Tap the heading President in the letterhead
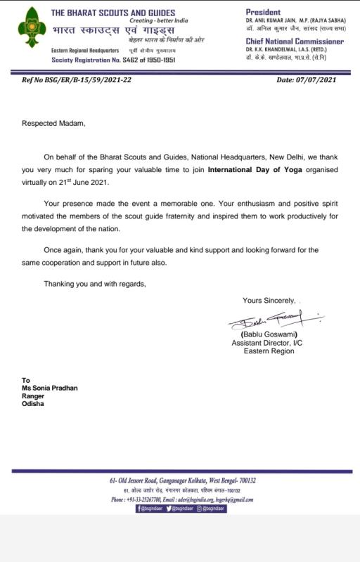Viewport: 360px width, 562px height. [264, 12]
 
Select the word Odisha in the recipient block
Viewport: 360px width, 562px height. [32, 404]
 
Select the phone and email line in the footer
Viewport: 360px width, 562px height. [182, 499]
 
